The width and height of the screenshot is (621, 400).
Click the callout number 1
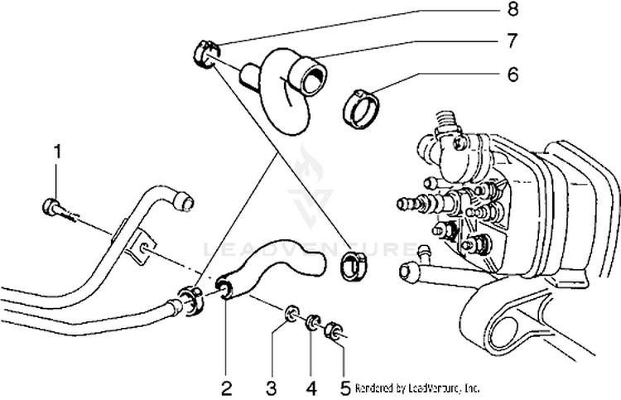pyautogui.click(x=57, y=151)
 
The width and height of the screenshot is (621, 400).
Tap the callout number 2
pyautogui.click(x=225, y=385)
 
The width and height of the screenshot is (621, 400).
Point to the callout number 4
pyautogui.click(x=310, y=385)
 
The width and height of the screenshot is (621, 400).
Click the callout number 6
pyautogui.click(x=513, y=74)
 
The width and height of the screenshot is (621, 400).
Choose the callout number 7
pyautogui.click(x=513, y=40)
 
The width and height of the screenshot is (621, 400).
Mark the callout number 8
pyautogui.click(x=513, y=11)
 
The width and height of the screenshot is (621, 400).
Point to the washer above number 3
pyautogui.click(x=291, y=313)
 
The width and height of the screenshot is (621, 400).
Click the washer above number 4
pyautogui.click(x=314, y=320)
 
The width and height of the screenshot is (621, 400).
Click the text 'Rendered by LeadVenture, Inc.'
pyautogui.click(x=417, y=387)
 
